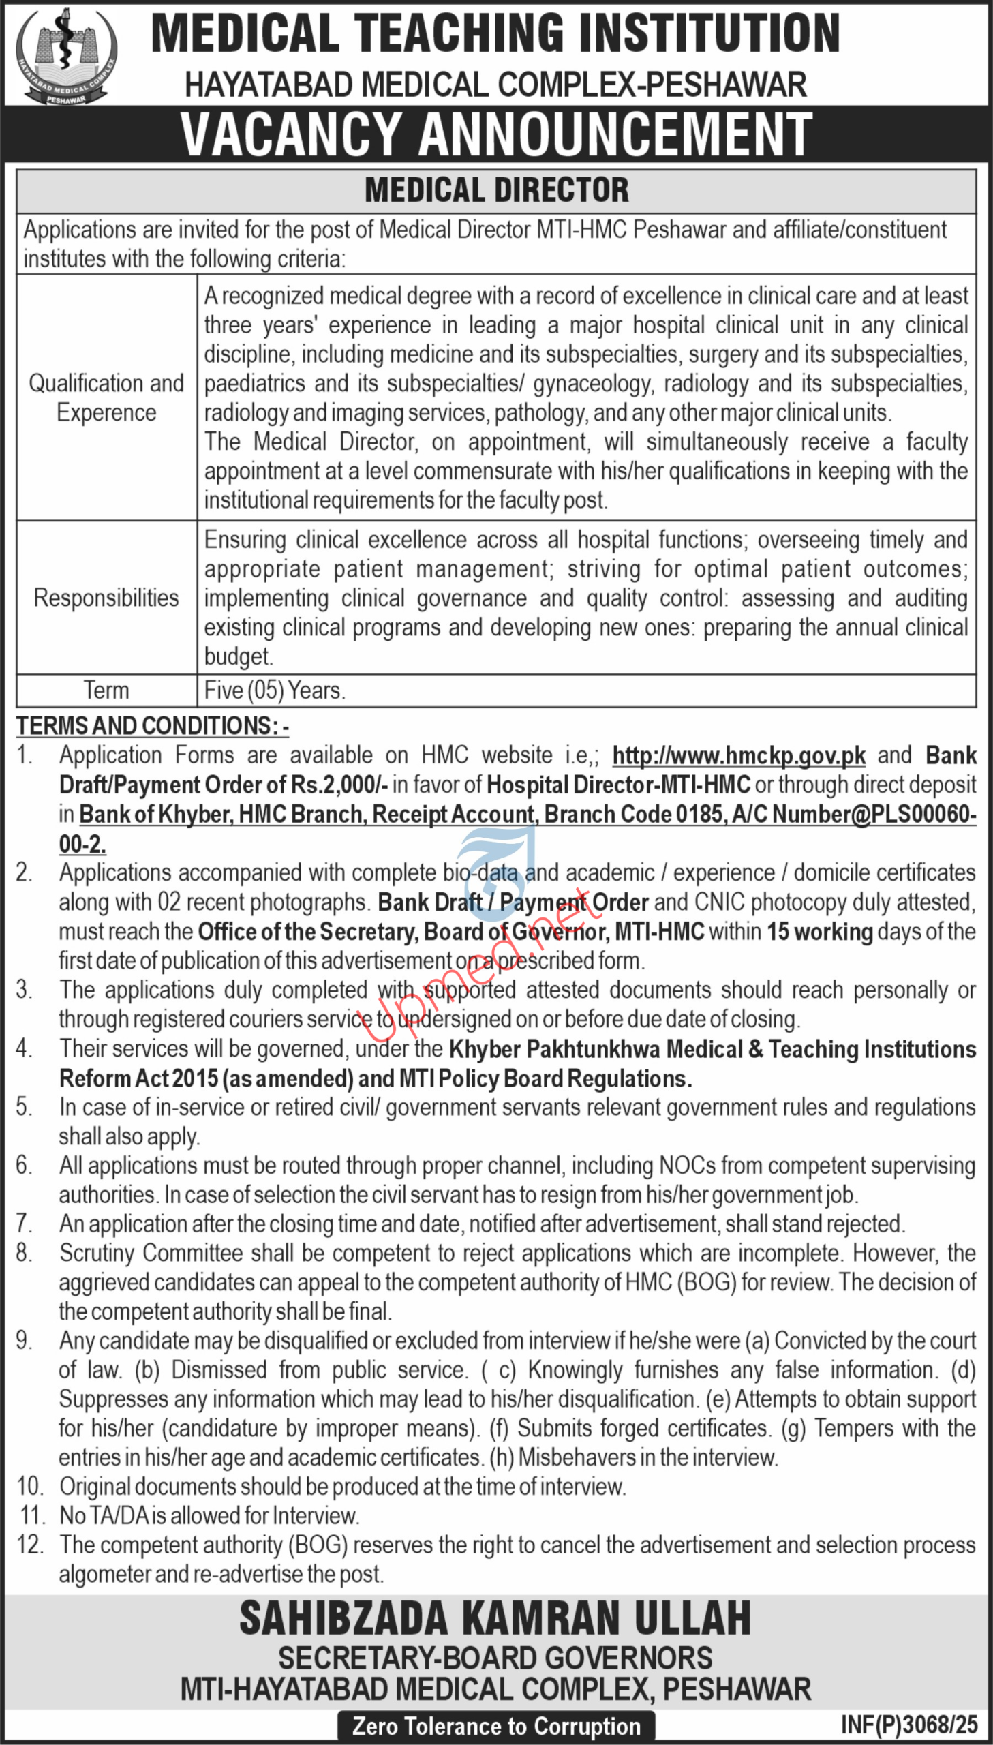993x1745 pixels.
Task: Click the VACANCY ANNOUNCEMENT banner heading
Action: tap(495, 134)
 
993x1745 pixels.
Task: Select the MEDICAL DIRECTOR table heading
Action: tap(495, 190)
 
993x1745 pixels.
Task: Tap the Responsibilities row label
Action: tap(106, 598)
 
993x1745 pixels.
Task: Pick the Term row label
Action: tap(106, 690)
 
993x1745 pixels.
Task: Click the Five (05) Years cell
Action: tap(275, 690)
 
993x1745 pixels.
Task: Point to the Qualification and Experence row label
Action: tap(106, 397)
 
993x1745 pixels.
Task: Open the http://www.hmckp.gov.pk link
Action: tap(739, 755)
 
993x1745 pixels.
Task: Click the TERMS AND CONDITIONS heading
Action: tap(153, 725)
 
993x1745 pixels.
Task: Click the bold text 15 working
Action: tap(820, 932)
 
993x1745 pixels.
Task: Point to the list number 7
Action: tap(24, 1224)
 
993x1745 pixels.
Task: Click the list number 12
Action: tap(30, 1545)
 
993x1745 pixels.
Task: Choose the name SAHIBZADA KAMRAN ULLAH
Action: tap(495, 1619)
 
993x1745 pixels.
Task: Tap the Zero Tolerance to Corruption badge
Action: tap(495, 1726)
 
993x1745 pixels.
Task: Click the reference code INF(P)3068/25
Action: tap(909, 1725)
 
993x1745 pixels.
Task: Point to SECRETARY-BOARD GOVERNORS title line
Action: tap(495, 1658)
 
